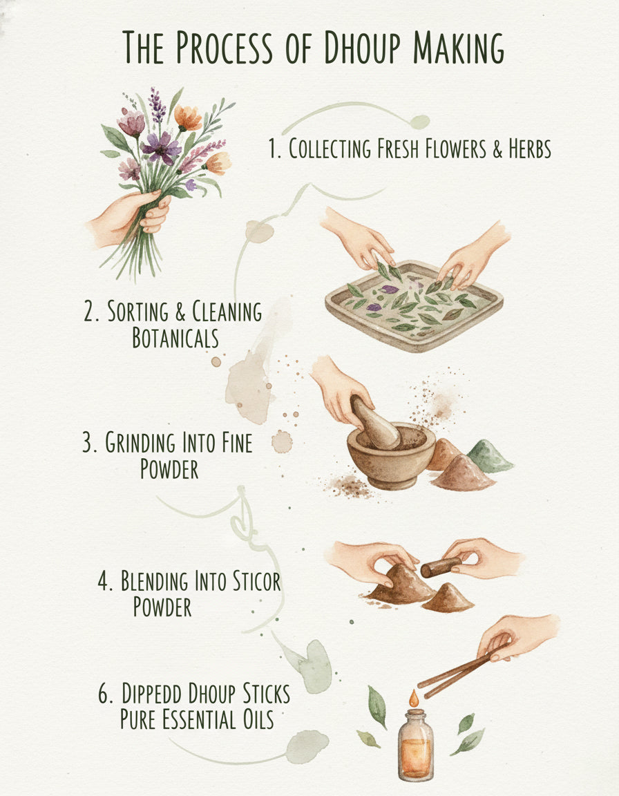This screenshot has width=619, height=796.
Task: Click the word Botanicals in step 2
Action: pos(175,338)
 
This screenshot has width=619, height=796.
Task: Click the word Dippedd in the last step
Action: pos(153,694)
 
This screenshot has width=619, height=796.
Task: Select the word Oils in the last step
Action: pos(257,719)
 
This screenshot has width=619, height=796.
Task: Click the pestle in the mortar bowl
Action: pos(374,423)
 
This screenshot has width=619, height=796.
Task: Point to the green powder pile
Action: pos(488,456)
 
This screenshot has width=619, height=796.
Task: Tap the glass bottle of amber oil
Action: pos(415,745)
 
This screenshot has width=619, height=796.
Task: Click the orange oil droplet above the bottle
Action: pos(414,699)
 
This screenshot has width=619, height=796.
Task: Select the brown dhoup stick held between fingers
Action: pos(441,567)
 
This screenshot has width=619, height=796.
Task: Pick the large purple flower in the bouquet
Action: pos(161,148)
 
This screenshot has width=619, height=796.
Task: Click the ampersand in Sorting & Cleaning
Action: pos(180,312)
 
